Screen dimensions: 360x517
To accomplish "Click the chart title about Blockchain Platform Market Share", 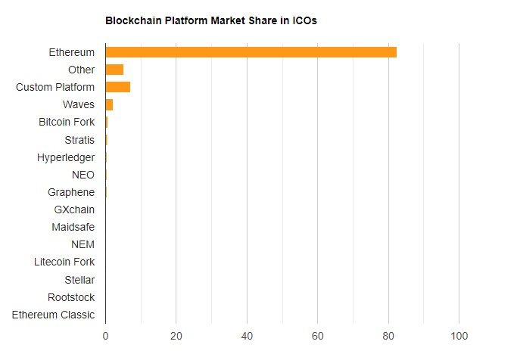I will coord(210,21).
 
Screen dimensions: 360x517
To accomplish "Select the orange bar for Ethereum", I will coord(251,52).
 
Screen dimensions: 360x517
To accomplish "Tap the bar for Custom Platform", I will coord(118,87).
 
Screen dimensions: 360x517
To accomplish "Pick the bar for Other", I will coord(114,70).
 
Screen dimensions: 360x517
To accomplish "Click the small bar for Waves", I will coord(109,104).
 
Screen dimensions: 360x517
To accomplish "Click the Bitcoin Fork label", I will coord(67,122).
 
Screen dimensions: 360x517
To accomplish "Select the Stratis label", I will coord(80,140).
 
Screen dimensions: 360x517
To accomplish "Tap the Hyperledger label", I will coord(66,157).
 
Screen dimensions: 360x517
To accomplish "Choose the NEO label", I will coord(83,175).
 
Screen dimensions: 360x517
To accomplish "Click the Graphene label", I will coord(71,192).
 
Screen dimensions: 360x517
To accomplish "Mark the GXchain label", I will coord(74,209).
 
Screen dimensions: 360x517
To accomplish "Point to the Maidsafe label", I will coord(73,227).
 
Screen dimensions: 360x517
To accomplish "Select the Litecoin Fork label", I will coord(64,262).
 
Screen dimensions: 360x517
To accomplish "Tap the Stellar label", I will coord(79,280).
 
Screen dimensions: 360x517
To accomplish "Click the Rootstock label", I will coord(71,297).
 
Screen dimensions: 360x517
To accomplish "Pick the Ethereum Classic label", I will coord(54,315).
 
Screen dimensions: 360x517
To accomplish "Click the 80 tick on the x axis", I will coord(388,337).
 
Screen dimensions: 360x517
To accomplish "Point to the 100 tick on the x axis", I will coord(459,337).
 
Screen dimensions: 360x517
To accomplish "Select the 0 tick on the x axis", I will coord(105,337).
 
